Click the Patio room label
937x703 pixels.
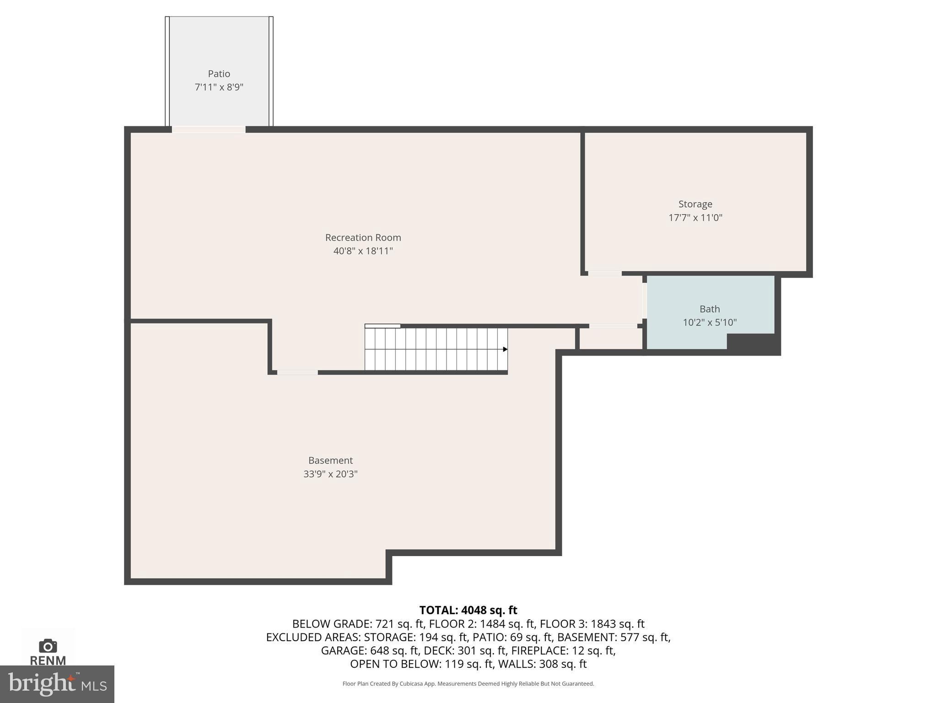(x=219, y=74)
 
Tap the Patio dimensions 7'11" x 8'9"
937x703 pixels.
(x=219, y=87)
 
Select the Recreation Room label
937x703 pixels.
(x=363, y=238)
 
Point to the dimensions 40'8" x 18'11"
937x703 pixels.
(x=363, y=251)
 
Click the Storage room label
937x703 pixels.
(x=695, y=204)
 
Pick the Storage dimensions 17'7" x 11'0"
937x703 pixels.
(x=695, y=217)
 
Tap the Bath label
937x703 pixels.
(x=709, y=309)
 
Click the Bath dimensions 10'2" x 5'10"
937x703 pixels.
(x=709, y=322)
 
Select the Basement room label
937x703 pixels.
(x=330, y=460)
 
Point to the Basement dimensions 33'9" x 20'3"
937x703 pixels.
(x=330, y=474)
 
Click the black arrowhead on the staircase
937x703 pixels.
(x=505, y=349)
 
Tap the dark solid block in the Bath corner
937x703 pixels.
(x=753, y=343)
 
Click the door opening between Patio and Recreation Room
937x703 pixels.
(x=208, y=130)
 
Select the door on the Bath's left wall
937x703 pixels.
(x=644, y=301)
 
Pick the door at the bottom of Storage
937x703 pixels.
(x=604, y=274)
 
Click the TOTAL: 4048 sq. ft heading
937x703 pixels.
(x=468, y=610)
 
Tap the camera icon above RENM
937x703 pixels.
(x=48, y=646)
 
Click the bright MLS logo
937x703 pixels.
(x=57, y=684)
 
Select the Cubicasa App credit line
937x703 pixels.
(x=468, y=684)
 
